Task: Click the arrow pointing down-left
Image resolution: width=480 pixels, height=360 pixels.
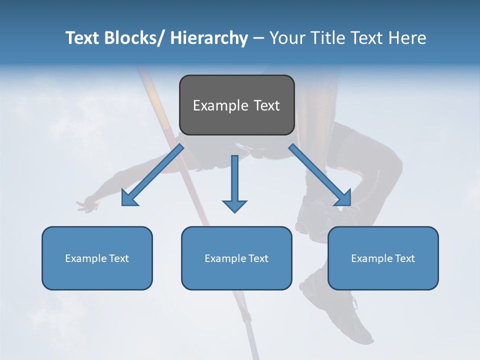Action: [152, 175]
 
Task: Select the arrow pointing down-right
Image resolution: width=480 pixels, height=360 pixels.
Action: [320, 175]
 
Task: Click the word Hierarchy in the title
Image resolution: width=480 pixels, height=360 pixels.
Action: [208, 38]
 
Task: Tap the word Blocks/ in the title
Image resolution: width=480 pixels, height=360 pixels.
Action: [132, 38]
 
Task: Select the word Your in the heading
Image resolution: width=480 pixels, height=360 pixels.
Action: [286, 38]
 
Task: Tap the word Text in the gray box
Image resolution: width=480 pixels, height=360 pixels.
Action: [266, 106]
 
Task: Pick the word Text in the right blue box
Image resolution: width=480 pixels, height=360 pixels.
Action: [404, 258]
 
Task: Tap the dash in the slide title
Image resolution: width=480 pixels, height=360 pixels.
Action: [258, 38]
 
